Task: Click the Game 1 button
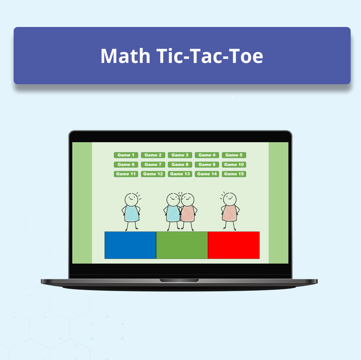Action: [x=126, y=155]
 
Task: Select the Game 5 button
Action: [x=234, y=155]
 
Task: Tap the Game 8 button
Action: [x=180, y=165]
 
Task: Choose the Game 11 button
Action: [x=126, y=174]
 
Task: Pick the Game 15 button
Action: [x=234, y=174]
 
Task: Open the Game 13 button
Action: [x=180, y=174]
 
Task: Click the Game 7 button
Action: [x=153, y=165]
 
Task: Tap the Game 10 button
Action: [x=234, y=165]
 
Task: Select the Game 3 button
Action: [x=180, y=155]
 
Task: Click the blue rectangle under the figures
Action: [x=130, y=245]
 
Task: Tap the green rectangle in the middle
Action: [x=182, y=245]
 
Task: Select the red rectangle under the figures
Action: [x=233, y=245]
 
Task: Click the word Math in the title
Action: [x=125, y=56]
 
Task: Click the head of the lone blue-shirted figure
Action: [x=131, y=199]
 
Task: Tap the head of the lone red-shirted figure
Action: [x=229, y=199]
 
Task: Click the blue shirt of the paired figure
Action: [x=172, y=213]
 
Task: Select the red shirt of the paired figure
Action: [x=188, y=213]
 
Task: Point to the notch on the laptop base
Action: [x=179, y=280]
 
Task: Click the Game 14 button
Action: [x=207, y=174]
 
